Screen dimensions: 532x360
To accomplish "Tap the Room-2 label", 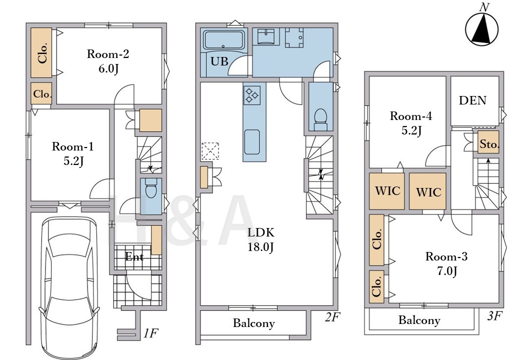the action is coord(108,54).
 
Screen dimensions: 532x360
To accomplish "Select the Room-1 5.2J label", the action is coord(72,153).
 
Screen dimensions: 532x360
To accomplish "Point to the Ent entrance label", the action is coord(134,256).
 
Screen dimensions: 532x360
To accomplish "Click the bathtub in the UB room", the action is coord(224,40).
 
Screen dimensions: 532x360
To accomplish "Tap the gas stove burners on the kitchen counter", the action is coord(252,94).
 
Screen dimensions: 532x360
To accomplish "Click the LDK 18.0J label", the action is coord(260,239).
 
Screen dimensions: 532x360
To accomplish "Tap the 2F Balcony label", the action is coord(253,323).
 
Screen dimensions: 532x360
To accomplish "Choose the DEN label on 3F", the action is coord(472,100).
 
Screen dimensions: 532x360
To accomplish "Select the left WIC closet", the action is coord(387,191).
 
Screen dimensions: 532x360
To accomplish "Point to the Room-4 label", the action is coord(411,116).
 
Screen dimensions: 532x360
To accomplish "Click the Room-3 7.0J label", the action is coord(446,263).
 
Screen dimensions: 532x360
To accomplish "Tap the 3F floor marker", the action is coord(494,316).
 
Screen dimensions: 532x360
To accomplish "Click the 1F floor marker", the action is coord(150,333).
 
